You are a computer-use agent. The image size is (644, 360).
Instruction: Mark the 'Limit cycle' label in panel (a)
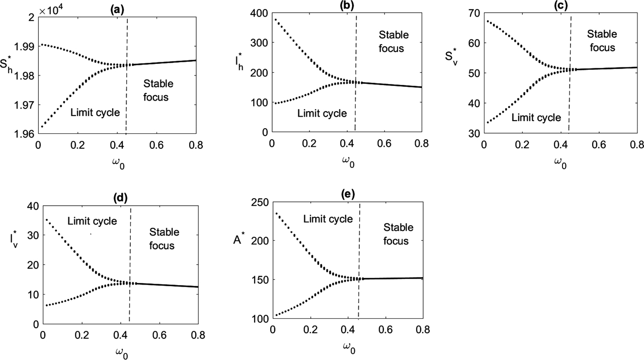tap(96, 113)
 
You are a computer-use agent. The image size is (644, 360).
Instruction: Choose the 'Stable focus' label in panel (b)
tap(395, 42)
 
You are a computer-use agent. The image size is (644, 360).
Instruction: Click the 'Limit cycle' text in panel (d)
tap(92, 221)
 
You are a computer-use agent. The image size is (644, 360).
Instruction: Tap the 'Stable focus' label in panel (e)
tap(398, 234)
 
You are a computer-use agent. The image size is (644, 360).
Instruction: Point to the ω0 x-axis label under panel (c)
tap(559, 163)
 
